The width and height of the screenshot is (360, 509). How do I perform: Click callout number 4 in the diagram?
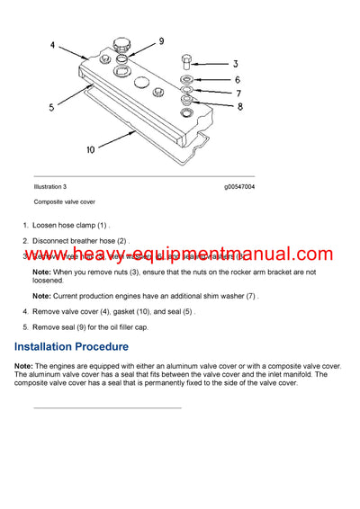coord(52,45)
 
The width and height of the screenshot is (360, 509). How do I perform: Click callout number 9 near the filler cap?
coord(161,41)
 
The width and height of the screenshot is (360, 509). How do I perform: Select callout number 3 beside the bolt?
coord(235,65)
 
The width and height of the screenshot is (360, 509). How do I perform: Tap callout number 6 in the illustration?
coord(238,80)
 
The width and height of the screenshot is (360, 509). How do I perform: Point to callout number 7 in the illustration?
coord(238,93)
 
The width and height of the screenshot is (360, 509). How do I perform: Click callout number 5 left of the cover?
coord(51,107)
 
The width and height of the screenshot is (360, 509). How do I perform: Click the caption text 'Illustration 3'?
coord(57,187)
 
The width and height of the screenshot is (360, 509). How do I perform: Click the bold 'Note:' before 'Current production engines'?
coord(41,295)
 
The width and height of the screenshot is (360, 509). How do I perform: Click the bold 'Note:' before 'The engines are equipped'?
coord(24,367)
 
